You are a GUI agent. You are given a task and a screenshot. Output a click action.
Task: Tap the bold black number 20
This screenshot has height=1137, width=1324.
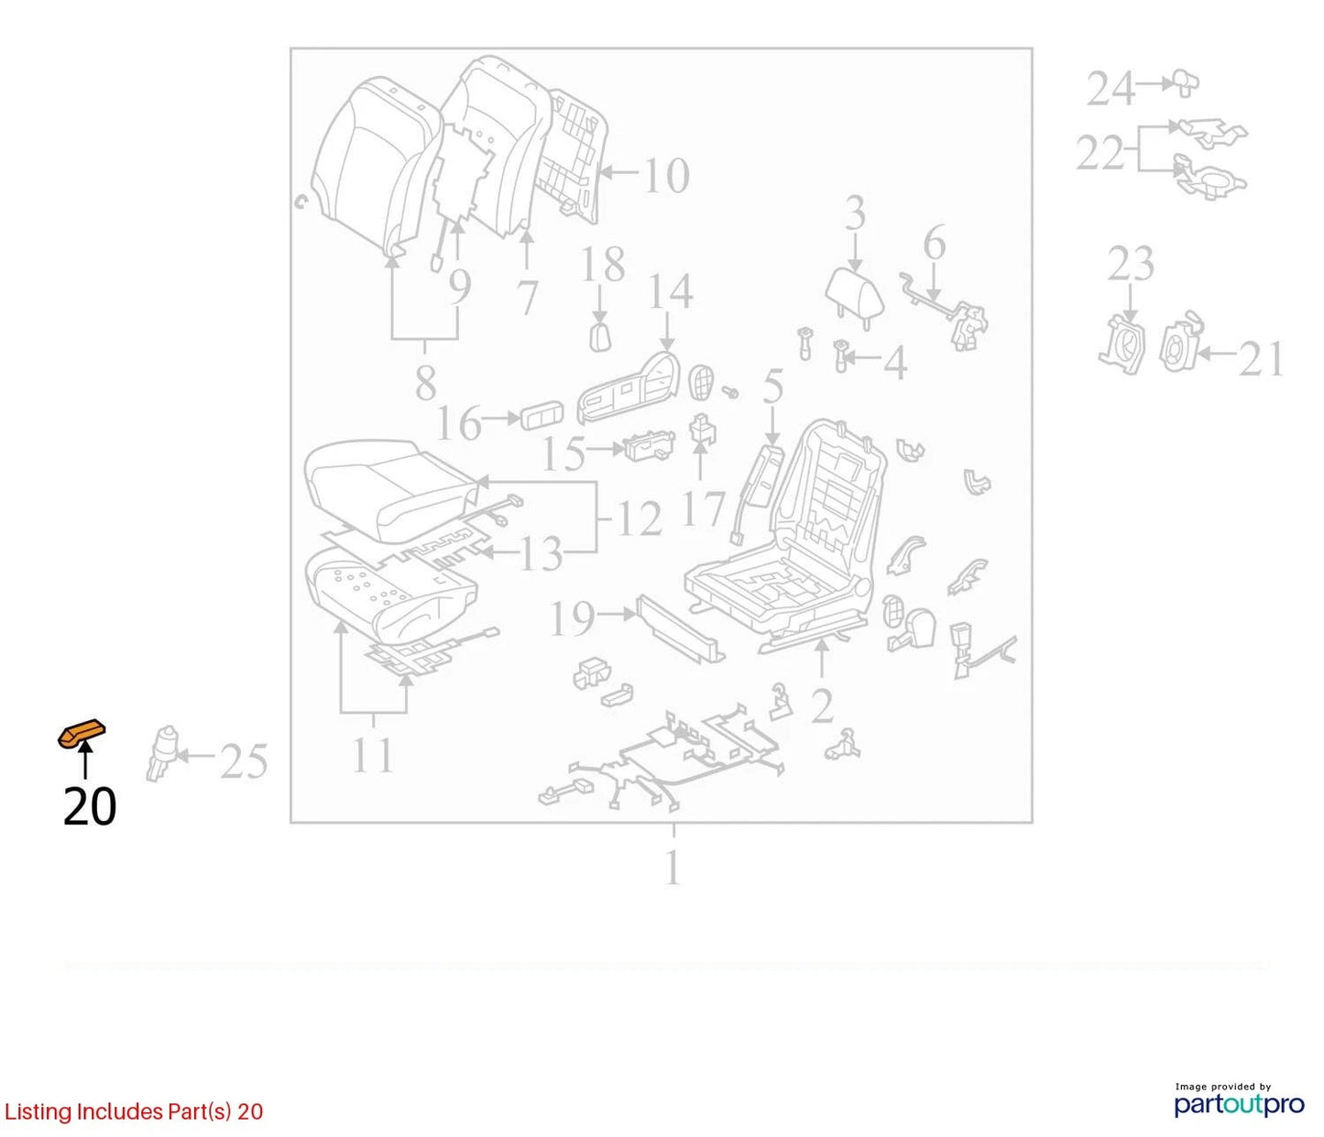click(90, 806)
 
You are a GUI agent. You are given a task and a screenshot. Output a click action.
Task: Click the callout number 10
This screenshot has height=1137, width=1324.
click(666, 175)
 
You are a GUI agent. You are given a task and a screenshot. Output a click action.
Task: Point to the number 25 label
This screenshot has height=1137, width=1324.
click(244, 762)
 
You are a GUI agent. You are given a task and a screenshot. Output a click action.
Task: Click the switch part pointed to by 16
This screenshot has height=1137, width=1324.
click(542, 419)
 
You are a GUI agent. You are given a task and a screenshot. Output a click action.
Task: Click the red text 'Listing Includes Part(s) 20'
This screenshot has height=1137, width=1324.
click(133, 1111)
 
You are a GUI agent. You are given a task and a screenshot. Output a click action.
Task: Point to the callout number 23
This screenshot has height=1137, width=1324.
click(1132, 263)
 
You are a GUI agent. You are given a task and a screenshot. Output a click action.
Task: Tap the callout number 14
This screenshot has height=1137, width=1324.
click(671, 290)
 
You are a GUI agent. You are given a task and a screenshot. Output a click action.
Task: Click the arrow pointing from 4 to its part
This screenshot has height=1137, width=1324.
click(864, 357)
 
